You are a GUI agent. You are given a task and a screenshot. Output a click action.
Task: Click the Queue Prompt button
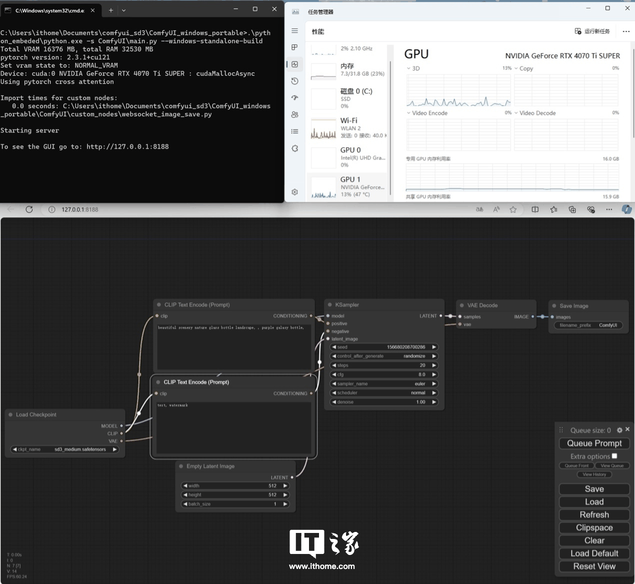[x=594, y=443]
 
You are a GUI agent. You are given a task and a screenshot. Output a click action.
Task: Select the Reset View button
[x=594, y=566]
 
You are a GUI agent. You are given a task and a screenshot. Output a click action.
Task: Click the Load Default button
[x=594, y=553]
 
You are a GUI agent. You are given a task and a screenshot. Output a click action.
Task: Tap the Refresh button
[x=594, y=515]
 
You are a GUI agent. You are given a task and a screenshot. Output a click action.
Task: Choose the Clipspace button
[x=594, y=528]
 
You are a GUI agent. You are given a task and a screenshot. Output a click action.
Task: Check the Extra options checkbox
[x=614, y=456]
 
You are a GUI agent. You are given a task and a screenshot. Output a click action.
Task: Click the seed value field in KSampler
[x=383, y=347]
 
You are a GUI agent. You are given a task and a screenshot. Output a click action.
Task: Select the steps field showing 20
[x=383, y=365]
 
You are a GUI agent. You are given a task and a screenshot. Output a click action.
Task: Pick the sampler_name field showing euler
[x=383, y=384]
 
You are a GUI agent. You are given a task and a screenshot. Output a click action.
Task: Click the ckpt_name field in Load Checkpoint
[x=65, y=449]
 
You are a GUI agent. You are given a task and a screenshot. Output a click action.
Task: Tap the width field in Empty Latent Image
[x=235, y=486]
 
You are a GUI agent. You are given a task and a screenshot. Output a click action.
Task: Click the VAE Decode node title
[x=482, y=305]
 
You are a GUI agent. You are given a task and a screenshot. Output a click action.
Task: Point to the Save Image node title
[x=573, y=306]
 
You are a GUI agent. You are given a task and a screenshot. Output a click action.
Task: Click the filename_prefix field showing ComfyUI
[x=588, y=325]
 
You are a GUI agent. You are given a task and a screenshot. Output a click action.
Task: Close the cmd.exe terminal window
[x=274, y=9]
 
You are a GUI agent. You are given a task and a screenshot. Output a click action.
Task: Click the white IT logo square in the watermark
[x=306, y=542]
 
